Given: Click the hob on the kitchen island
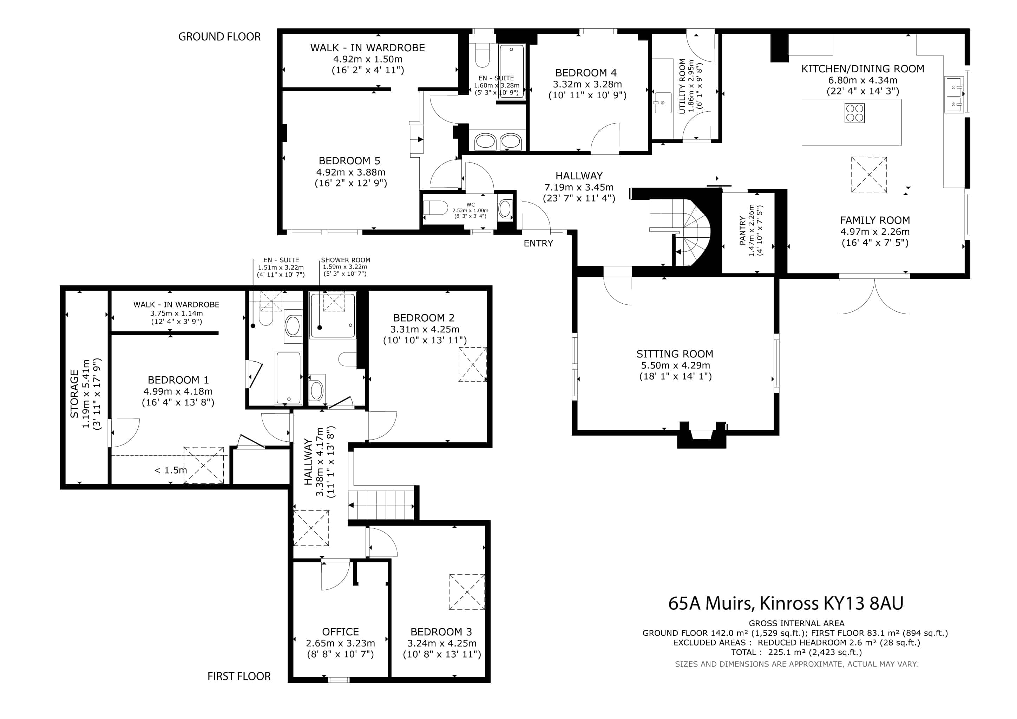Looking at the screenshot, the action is pyautogui.click(x=854, y=113).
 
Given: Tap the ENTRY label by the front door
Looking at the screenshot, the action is pyautogui.click(x=538, y=244).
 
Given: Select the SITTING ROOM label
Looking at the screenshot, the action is pyautogui.click(x=675, y=354).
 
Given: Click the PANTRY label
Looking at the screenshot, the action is pyautogui.click(x=743, y=230).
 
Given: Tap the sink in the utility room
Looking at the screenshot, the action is pyautogui.click(x=663, y=103).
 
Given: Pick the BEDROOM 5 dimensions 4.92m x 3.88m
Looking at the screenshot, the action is pyautogui.click(x=350, y=173).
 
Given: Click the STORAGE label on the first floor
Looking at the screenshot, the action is pyautogui.click(x=74, y=394).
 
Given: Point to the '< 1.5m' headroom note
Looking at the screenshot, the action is pyautogui.click(x=171, y=470).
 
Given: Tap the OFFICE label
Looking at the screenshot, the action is pyautogui.click(x=340, y=632).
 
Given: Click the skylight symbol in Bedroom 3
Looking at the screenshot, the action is pyautogui.click(x=467, y=592).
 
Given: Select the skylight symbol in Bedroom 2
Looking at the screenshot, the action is pyautogui.click(x=473, y=364).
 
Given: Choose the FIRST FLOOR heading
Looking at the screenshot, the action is pyautogui.click(x=239, y=677).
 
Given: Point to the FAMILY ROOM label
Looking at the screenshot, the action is pyautogui.click(x=875, y=220).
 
